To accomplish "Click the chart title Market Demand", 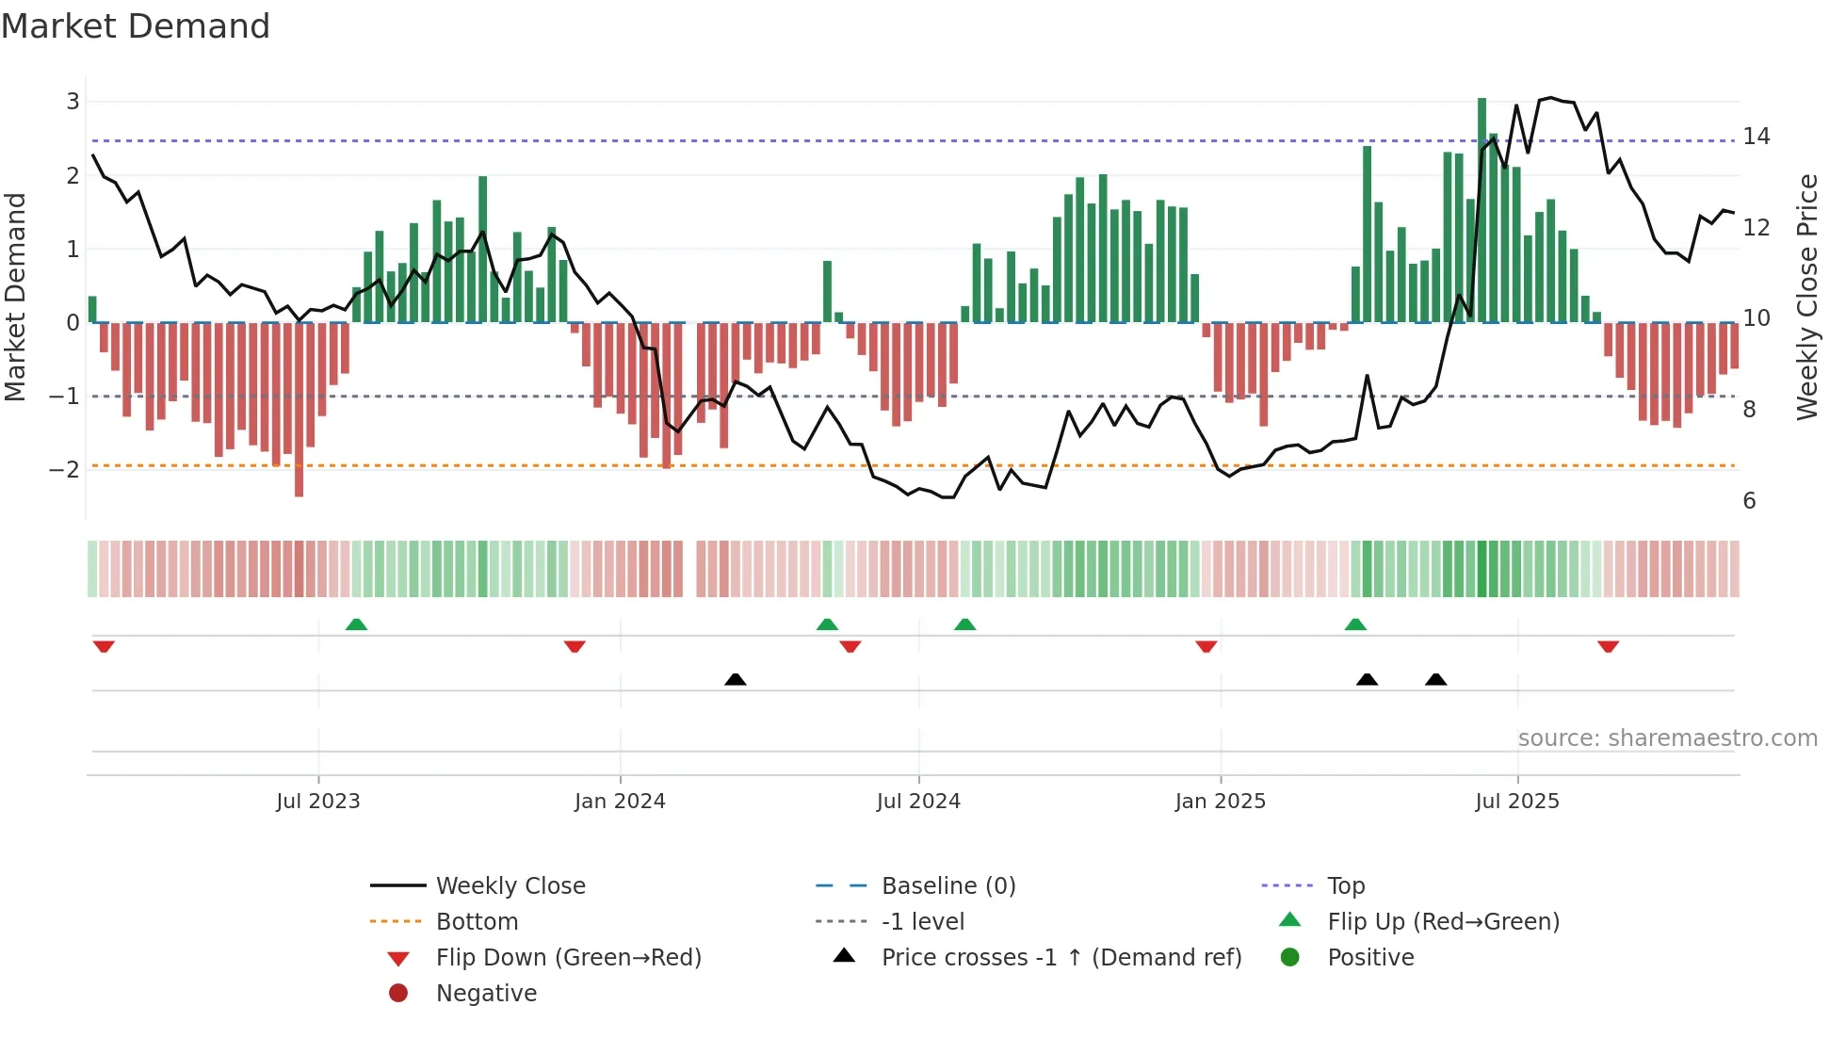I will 136,26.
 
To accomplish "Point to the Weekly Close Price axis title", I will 1806,297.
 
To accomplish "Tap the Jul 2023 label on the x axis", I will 317,802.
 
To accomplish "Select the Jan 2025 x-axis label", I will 1220,802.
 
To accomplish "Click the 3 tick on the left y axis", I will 73,102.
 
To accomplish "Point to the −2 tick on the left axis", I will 65,469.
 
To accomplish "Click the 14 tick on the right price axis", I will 1756,137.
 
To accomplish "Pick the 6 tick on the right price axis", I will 1749,501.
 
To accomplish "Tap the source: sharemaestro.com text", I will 1667,738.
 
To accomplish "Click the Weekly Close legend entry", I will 510,886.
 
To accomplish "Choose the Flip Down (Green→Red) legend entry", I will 568,958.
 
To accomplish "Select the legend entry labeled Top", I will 1345,886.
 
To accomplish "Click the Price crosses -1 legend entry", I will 1061,958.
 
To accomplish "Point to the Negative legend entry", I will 485,994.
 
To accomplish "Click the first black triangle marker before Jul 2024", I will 736,679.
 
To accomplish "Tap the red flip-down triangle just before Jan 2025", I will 1206,646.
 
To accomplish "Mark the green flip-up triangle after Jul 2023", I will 356,624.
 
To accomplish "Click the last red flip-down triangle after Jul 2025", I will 1608,646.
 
